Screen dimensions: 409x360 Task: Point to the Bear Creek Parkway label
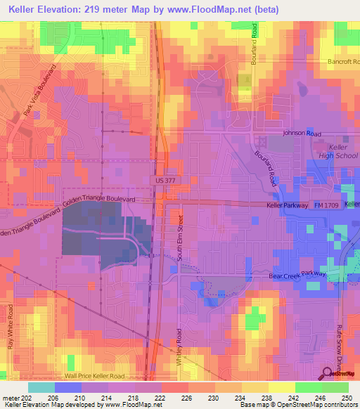coord(300,275)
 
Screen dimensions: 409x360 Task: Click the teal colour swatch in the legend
coord(41,387)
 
